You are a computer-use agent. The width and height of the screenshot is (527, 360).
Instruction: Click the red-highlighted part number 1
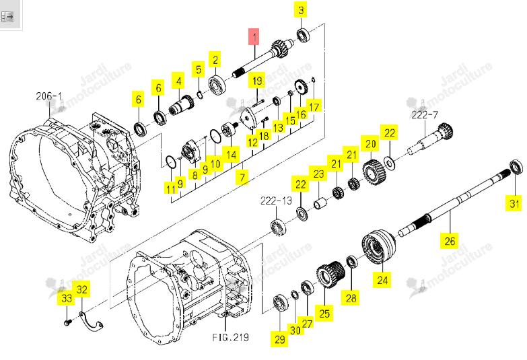[x=254, y=36]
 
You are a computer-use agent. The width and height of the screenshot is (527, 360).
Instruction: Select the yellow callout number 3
[x=300, y=9]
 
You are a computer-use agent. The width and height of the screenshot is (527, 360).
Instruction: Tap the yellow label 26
[x=450, y=241]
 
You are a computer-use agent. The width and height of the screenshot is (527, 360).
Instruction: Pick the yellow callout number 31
[x=514, y=203]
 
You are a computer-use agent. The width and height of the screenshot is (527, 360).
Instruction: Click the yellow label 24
[x=382, y=280]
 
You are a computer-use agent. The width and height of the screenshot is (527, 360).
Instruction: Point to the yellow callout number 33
[x=67, y=298]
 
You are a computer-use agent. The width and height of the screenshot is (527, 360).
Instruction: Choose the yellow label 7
[x=242, y=177]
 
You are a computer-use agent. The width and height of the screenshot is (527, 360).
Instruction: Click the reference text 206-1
[x=48, y=96]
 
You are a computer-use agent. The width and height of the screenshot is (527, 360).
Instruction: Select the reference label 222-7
[x=425, y=115]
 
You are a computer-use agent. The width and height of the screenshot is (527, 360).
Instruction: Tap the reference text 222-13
[x=276, y=201]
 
